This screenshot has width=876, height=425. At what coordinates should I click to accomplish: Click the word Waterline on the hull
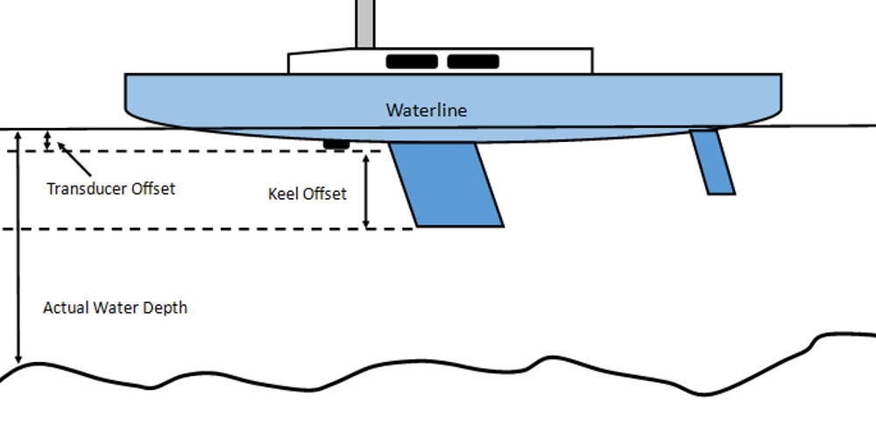pos(427,111)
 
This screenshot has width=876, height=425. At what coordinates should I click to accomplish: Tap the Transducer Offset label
pos(111,188)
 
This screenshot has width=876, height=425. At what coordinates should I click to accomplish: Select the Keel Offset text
pos(307,194)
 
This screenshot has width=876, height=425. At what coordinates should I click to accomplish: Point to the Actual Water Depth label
pos(115,308)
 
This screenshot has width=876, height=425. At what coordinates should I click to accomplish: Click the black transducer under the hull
pos(336,143)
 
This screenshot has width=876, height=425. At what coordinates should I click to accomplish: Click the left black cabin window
pos(412,61)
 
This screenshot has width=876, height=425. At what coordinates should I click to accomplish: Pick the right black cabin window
pos(473,61)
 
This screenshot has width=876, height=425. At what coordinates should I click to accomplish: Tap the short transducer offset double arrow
pos(48,139)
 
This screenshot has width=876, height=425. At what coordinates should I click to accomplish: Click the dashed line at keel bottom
pos(219,230)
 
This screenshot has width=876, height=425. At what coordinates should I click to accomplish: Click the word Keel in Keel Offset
pos(283,194)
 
